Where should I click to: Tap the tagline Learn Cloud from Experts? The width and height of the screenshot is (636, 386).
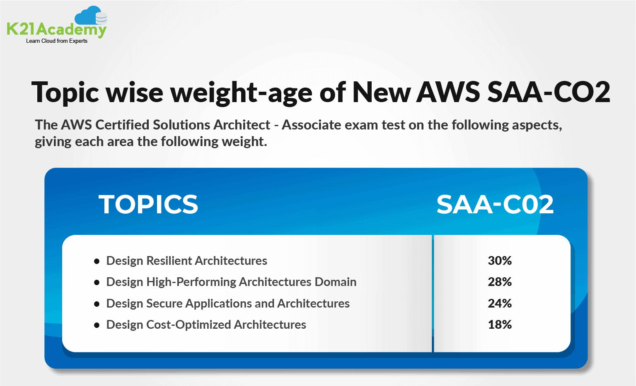click(x=57, y=41)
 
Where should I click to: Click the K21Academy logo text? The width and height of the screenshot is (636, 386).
click(x=56, y=29)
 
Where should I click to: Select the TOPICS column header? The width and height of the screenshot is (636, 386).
click(x=148, y=204)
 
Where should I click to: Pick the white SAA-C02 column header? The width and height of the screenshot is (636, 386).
click(x=495, y=204)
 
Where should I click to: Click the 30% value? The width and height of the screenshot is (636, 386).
click(x=500, y=261)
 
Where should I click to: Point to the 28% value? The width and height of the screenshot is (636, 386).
click(x=500, y=282)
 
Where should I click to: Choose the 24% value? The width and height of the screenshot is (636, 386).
click(x=500, y=303)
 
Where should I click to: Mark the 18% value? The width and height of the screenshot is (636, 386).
click(x=500, y=325)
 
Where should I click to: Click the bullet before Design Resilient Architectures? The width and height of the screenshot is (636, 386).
click(x=97, y=261)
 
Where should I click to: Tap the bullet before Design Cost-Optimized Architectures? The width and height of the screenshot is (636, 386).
click(x=97, y=325)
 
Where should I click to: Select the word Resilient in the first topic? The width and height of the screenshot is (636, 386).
click(x=169, y=261)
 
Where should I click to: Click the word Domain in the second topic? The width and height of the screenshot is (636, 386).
click(x=335, y=282)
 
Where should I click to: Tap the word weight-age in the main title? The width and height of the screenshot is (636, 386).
click(x=242, y=93)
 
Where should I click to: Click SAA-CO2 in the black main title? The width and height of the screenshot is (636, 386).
click(x=549, y=92)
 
